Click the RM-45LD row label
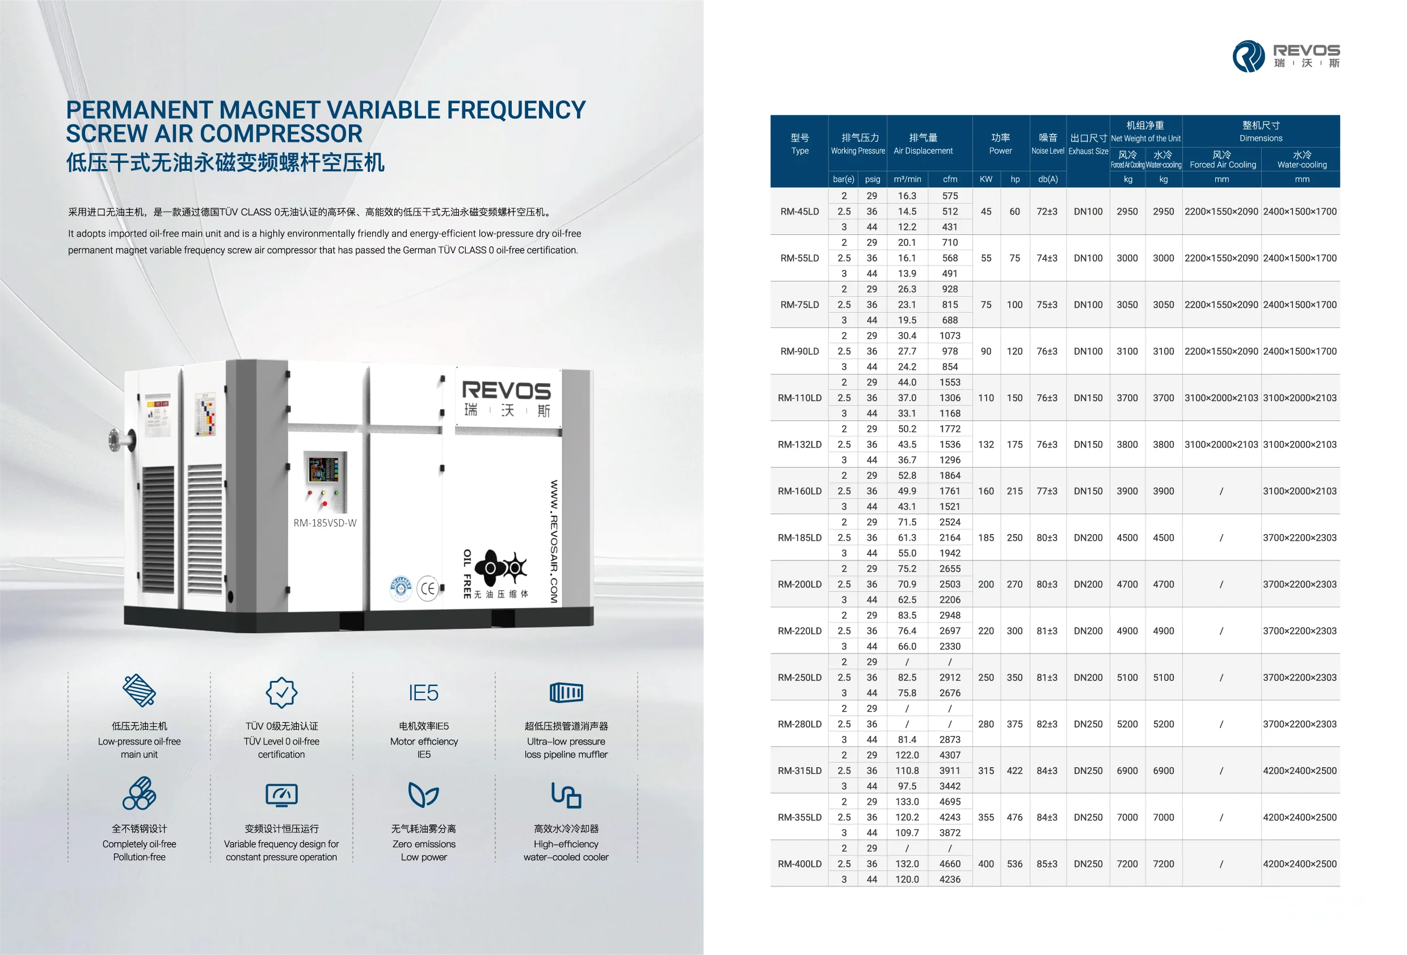(799, 211)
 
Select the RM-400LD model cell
(799, 864)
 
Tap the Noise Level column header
(1047, 144)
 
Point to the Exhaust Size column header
(1088, 144)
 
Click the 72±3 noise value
(1047, 211)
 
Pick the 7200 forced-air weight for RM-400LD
(1127, 864)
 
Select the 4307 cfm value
(949, 755)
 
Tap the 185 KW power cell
(985, 538)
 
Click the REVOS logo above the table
(1286, 56)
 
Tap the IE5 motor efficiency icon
(423, 693)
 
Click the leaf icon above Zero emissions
(423, 794)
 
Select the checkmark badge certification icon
(281, 693)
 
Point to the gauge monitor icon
(281, 794)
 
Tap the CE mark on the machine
(428, 588)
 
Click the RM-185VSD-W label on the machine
(325, 523)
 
